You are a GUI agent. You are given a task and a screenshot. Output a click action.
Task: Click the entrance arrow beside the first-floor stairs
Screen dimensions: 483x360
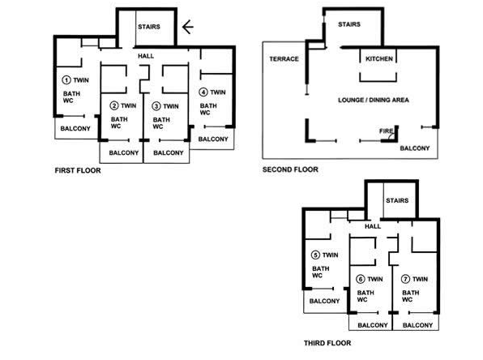(187, 27)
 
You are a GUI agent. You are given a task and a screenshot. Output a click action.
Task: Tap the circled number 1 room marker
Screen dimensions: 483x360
(66, 79)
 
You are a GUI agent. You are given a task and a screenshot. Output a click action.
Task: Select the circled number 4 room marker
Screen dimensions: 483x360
(203, 92)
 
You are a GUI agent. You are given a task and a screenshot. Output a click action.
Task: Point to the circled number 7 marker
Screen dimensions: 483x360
(405, 279)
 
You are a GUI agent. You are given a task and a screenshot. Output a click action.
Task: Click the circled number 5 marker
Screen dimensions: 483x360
(315, 255)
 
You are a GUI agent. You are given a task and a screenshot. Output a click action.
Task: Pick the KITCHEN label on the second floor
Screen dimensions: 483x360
(379, 58)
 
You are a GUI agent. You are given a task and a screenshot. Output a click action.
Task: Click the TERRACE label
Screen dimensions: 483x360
(284, 59)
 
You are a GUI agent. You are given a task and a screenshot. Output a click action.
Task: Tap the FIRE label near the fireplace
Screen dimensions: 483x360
(386, 131)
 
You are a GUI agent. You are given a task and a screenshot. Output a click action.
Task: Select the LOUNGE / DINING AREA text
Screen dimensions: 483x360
(374, 100)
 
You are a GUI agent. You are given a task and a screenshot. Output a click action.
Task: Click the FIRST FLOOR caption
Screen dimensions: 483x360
(78, 170)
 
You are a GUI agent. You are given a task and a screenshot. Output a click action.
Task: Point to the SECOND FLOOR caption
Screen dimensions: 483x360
(290, 169)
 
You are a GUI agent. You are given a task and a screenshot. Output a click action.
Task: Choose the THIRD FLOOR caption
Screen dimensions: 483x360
(327, 343)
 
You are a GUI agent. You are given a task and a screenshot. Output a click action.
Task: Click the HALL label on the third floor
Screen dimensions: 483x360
(373, 226)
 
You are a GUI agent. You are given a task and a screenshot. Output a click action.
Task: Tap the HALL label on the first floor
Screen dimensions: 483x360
(146, 56)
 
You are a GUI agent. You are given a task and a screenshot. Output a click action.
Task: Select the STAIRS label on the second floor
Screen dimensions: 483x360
(349, 24)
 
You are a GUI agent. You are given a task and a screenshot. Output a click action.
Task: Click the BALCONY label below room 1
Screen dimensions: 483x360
(75, 129)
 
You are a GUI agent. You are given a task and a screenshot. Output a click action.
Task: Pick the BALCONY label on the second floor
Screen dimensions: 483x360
(415, 148)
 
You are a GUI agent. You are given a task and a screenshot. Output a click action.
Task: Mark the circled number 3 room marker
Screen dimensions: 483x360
(156, 106)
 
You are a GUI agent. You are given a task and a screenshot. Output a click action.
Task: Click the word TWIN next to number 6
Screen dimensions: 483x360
(375, 279)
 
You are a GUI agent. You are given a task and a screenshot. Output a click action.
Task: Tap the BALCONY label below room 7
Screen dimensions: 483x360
(417, 325)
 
